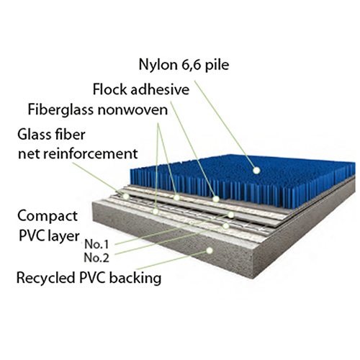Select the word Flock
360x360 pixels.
click(109, 90)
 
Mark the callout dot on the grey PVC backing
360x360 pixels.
click(210, 250)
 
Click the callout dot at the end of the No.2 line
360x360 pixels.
click(227, 225)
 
